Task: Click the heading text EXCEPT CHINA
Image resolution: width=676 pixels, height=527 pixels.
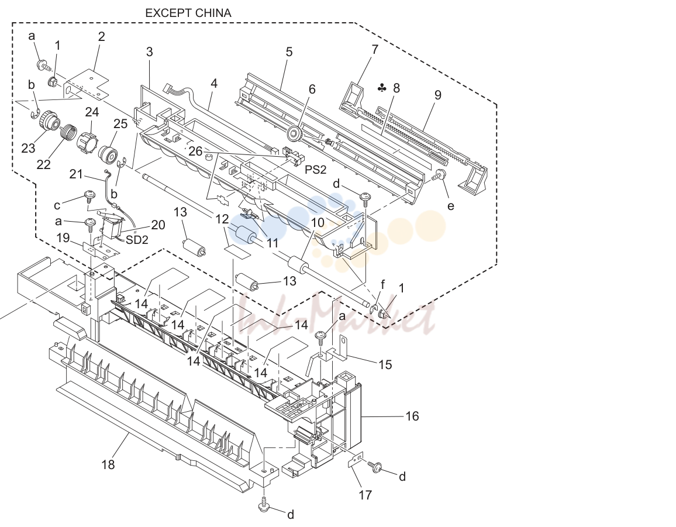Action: point(188,13)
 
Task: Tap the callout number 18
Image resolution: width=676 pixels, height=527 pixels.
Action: point(108,464)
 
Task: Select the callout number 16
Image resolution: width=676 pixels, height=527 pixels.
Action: point(412,416)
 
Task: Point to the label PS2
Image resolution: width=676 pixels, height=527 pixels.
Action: point(316,170)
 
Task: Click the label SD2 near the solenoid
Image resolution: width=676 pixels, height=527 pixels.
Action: point(137,239)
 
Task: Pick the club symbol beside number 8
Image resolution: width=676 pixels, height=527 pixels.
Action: point(382,88)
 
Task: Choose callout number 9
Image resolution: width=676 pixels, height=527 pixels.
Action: point(437,95)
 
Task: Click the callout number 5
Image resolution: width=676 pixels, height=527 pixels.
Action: point(289,52)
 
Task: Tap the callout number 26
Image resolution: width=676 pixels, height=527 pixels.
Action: point(195,151)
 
